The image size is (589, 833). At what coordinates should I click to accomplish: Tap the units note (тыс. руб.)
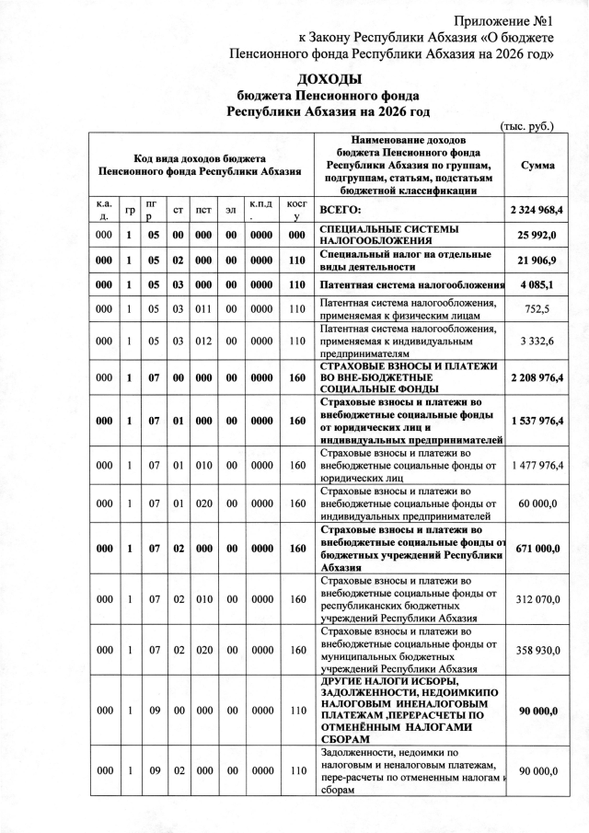(525, 127)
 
